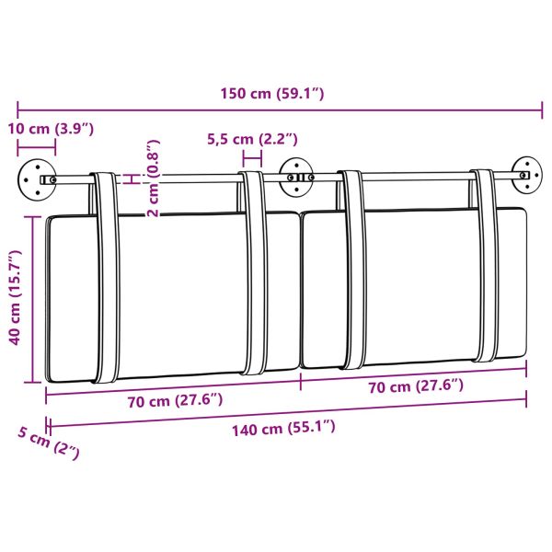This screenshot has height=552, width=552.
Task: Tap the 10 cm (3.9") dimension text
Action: coord(52,128)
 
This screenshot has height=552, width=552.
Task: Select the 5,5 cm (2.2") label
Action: coord(252,139)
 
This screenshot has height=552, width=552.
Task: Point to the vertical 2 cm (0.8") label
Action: coord(155,178)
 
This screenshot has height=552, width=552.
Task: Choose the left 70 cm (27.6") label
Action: coord(174,401)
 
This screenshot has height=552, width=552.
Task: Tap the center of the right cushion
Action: coord(414,290)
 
